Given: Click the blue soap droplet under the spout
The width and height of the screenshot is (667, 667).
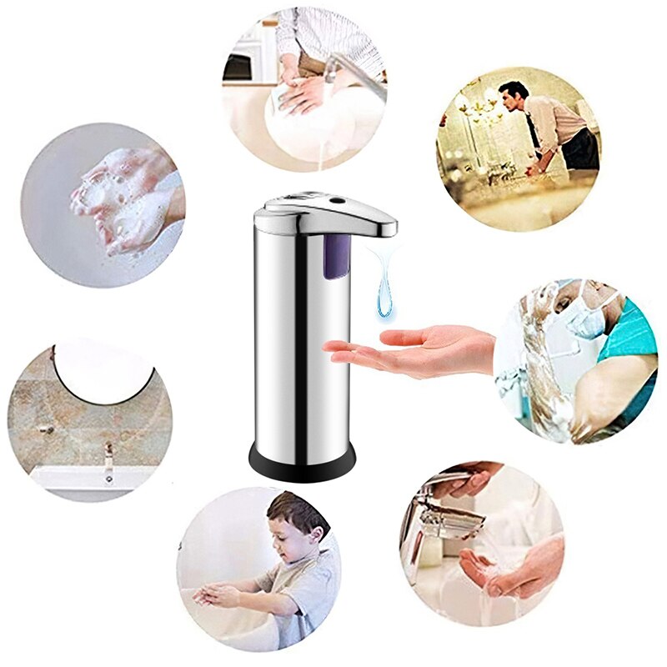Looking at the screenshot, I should [x=384, y=295].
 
